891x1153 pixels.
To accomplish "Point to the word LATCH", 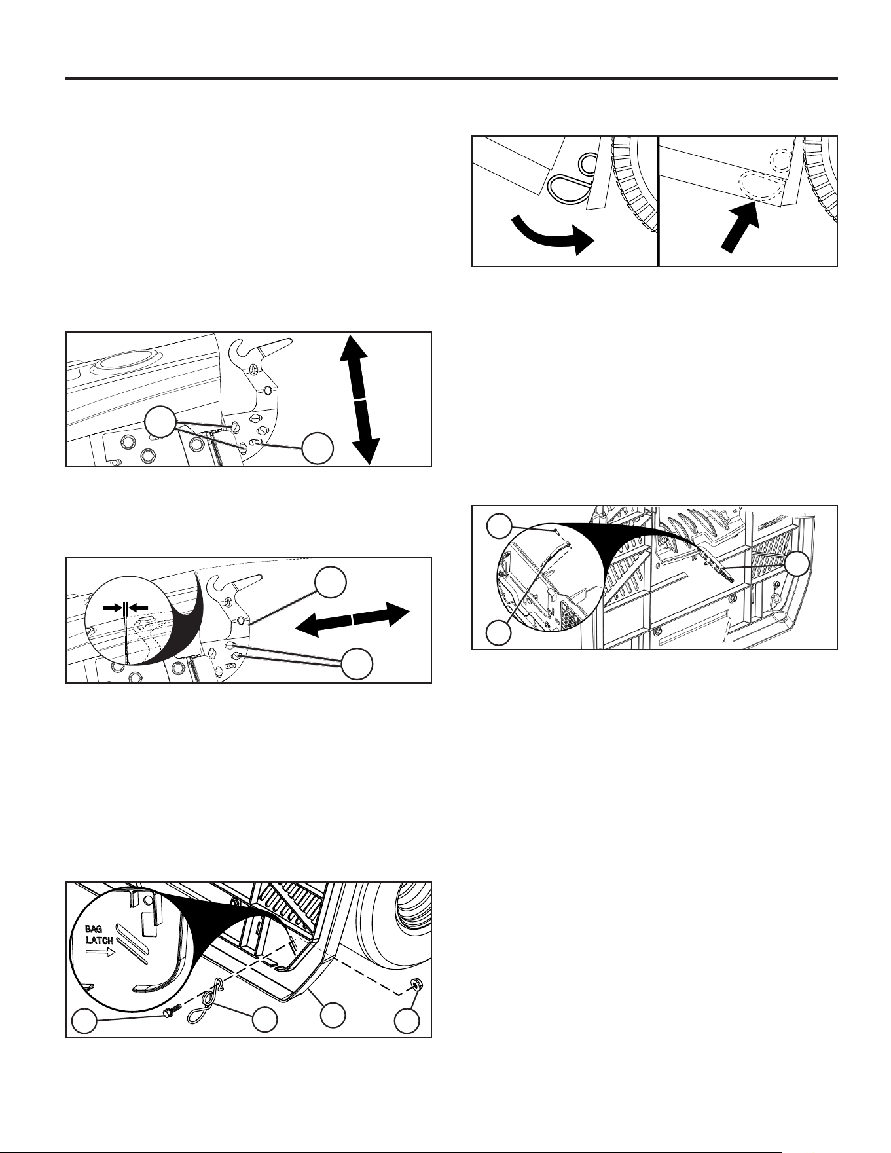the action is click(x=100, y=941).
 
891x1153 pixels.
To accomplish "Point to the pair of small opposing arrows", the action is click(x=124, y=607).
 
